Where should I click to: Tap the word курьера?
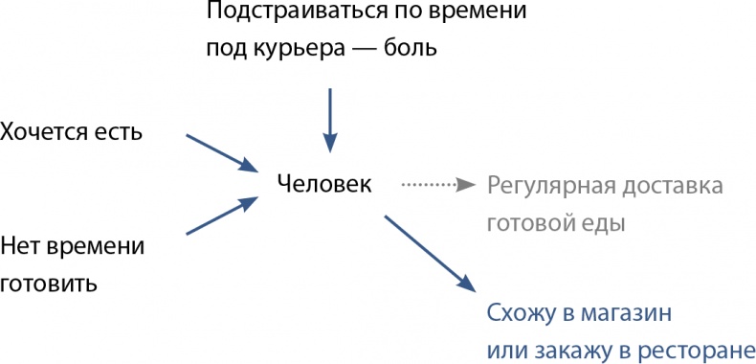click(x=292, y=48)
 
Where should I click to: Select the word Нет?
click(x=20, y=246)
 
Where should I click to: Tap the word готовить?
click(x=50, y=284)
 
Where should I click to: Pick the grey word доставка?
click(x=675, y=184)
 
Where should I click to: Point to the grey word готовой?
click(x=532, y=224)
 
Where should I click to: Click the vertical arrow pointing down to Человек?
click(x=330, y=120)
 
